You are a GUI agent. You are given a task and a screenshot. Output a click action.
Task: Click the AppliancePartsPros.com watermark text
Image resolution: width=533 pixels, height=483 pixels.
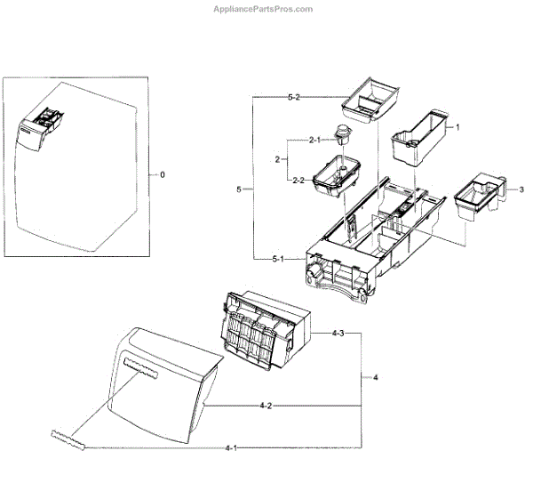coord(263,9)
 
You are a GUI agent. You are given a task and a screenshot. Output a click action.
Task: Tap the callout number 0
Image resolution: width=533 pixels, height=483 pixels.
coord(162,174)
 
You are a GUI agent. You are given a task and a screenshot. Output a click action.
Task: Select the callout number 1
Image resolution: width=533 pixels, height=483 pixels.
coord(457,127)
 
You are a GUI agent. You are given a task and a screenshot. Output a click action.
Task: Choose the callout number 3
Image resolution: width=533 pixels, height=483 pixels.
coord(521,189)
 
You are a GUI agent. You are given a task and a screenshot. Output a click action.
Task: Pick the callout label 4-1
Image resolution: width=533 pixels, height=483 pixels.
coord(232,447)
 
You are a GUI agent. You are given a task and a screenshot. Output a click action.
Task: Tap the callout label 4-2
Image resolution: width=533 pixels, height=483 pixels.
coord(266,406)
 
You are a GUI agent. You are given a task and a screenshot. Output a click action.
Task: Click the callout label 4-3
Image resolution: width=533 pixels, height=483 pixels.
coord(338,334)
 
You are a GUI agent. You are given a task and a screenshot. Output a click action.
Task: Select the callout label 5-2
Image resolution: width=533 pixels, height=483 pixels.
coord(293,97)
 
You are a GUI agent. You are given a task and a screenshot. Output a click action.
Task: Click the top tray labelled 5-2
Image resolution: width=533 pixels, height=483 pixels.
coord(370,100)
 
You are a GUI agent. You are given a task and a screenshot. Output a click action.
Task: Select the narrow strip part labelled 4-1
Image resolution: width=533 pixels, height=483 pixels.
coord(70,438)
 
